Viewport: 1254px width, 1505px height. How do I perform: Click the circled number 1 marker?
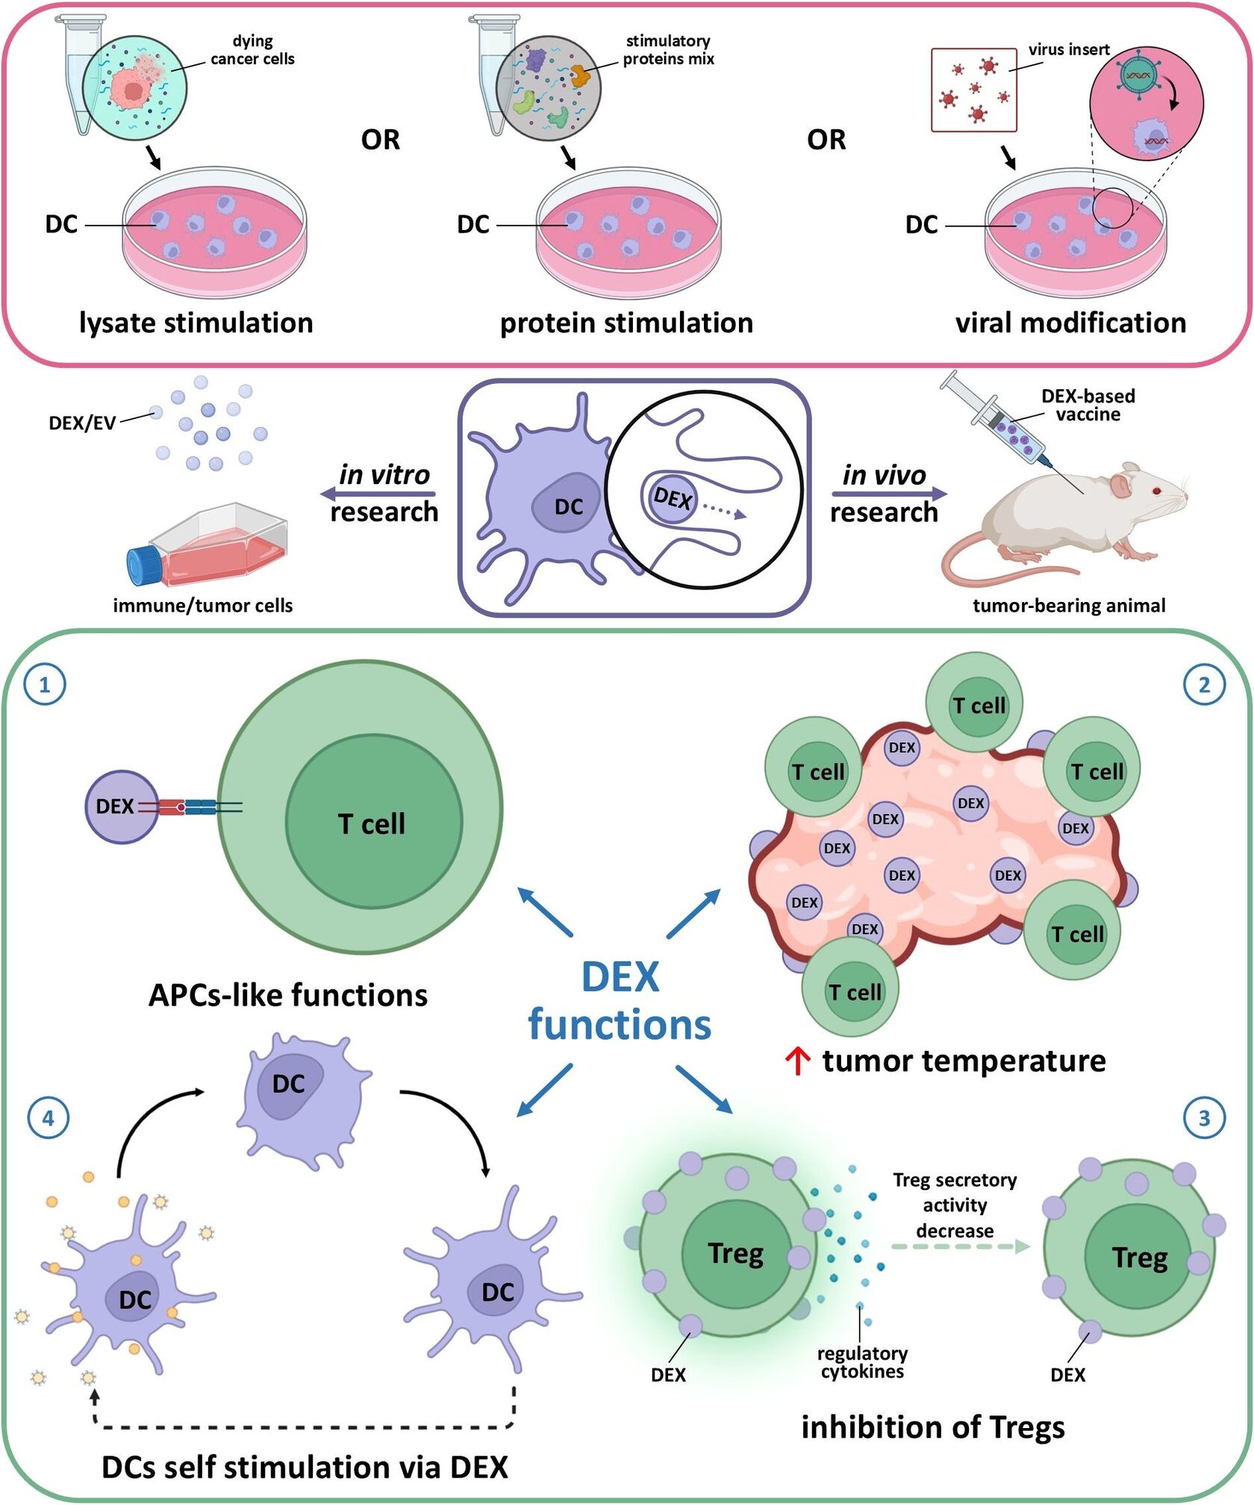point(45,684)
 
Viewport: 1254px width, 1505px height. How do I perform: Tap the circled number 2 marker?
point(1204,684)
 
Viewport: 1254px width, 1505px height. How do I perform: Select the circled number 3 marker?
point(1204,1118)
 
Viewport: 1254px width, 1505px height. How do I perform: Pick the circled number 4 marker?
point(48,1118)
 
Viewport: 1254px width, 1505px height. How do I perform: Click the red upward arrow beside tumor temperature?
point(798,1061)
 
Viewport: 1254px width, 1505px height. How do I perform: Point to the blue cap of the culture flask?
point(142,565)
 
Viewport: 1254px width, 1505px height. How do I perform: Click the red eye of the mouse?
point(1156,491)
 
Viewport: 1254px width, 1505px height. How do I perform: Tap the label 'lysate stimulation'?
point(196,323)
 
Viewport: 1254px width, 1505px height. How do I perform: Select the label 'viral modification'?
point(1070,323)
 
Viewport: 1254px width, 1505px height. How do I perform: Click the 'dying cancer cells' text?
point(252,50)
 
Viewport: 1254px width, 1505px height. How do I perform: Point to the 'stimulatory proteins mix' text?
point(668,50)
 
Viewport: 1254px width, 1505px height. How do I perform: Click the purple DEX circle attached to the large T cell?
point(121,807)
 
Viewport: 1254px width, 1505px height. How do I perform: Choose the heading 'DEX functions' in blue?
point(620,1001)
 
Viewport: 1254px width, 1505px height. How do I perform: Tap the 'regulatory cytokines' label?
point(862,1362)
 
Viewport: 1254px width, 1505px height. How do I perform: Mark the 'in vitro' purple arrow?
point(378,494)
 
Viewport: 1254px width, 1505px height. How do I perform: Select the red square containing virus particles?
point(973,90)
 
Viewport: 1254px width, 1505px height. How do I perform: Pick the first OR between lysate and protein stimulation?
point(381,140)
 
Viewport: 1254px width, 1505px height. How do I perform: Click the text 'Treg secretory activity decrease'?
point(955,1205)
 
